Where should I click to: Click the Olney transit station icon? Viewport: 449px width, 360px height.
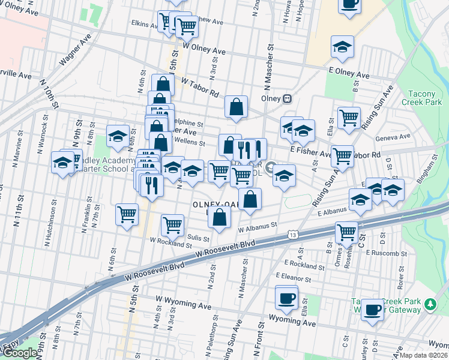[x=288, y=98]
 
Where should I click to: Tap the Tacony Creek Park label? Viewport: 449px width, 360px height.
[x=425, y=98]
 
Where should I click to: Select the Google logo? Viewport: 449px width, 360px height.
[x=19, y=353]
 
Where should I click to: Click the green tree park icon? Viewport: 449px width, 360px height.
[x=429, y=305]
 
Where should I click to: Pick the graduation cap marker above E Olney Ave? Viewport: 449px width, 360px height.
[x=343, y=47]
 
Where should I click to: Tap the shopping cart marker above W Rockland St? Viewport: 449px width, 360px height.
[x=172, y=225]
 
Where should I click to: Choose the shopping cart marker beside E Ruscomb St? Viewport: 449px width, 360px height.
[x=347, y=232]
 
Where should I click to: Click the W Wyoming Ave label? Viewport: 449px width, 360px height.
[x=183, y=302]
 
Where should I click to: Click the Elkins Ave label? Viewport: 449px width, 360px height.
[x=144, y=23]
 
